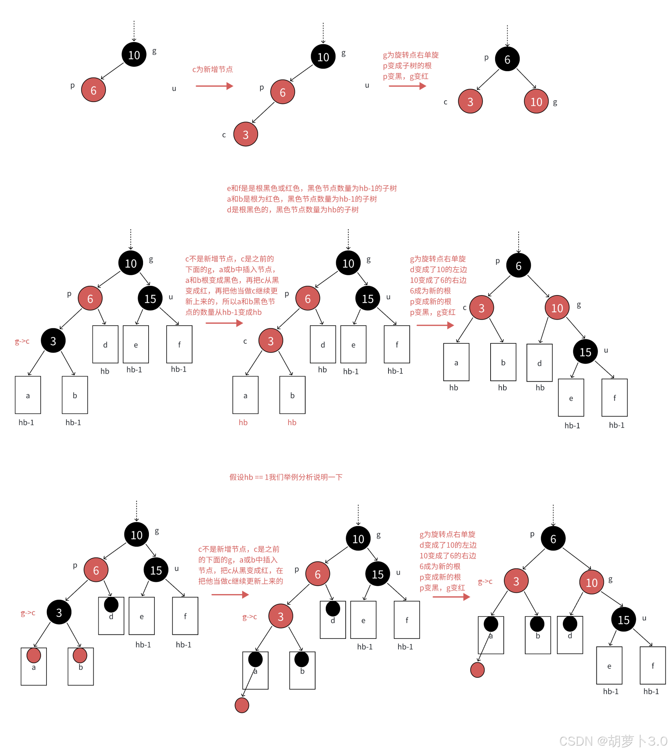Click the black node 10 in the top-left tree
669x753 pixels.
click(134, 55)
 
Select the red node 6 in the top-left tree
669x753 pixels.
click(93, 90)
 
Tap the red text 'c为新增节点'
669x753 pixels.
click(212, 69)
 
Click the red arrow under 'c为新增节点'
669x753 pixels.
click(214, 86)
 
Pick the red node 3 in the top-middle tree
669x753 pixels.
click(245, 134)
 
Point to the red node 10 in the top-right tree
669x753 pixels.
click(536, 101)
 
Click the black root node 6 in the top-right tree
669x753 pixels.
click(507, 59)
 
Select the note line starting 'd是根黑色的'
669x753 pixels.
click(292, 210)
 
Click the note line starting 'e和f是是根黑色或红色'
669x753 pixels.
click(311, 188)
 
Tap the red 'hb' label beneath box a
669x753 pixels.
click(243, 423)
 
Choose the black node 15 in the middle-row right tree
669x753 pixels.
click(585, 352)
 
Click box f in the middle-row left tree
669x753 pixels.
click(179, 344)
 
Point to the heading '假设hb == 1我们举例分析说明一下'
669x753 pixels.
click(286, 477)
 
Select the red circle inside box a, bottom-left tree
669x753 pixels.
click(34, 655)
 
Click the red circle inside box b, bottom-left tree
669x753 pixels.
click(80, 655)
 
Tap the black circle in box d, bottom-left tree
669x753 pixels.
click(111, 605)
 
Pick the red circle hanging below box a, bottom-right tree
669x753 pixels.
click(477, 670)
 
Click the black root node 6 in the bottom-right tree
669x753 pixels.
click(553, 539)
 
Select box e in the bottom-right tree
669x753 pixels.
click(609, 665)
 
